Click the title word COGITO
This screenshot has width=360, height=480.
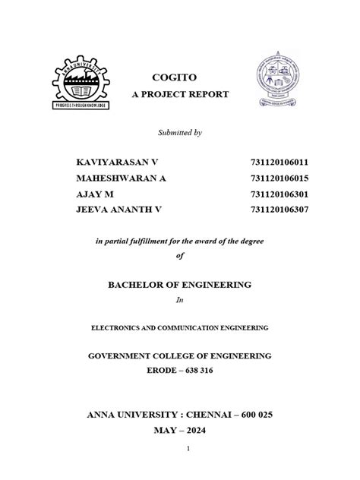179,78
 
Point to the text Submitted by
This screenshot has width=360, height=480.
179,133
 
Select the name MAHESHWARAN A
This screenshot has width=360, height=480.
122,178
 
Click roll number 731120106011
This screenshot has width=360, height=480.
279,163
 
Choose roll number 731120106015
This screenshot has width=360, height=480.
279,178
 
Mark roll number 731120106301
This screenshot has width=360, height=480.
279,193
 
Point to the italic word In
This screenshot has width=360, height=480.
179,300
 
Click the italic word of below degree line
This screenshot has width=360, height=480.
179,255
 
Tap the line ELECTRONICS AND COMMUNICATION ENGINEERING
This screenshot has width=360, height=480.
179,329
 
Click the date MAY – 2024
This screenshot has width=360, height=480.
179,429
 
